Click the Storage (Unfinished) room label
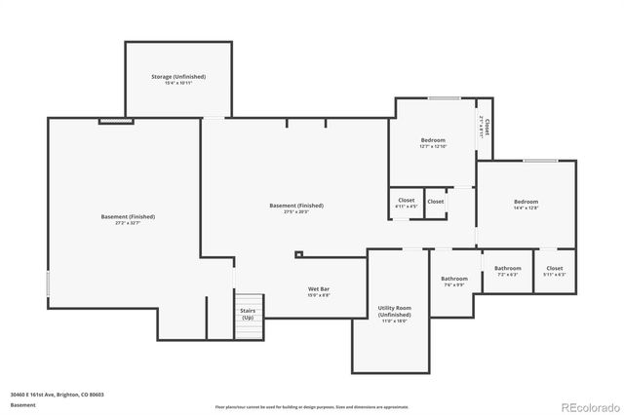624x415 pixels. coord(177,76)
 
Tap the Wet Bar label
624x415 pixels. coord(319,288)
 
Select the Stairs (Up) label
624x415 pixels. coord(248,314)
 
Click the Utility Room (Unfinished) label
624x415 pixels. coord(395,311)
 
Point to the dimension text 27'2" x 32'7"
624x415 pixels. coord(128,223)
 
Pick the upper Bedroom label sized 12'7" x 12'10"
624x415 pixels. coord(433,140)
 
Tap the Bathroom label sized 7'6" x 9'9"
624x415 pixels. coord(455,279)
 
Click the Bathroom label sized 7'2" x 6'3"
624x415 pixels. coord(507,268)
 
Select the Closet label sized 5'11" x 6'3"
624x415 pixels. coord(554,268)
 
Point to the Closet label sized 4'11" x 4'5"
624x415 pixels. coord(406,201)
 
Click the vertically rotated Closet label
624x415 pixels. coord(486,129)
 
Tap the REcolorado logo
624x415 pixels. coord(588,405)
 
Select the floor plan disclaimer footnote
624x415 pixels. coord(312,406)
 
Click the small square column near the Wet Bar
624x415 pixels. coord(299,255)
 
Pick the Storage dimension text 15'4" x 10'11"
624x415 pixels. coord(177,83)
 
